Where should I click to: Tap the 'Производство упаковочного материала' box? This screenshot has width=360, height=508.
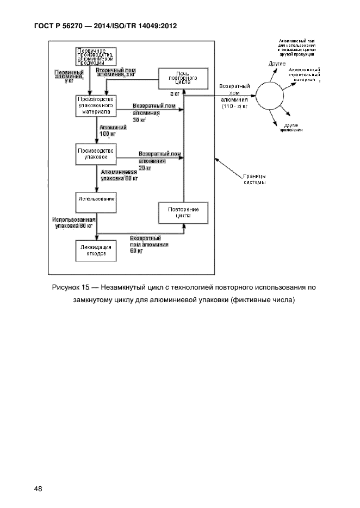pos(96,105)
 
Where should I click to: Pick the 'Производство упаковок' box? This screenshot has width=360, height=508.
pos(96,154)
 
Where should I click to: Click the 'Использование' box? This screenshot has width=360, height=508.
pos(96,199)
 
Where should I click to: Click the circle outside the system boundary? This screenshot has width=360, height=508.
pos(270,96)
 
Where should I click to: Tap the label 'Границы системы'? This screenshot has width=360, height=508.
pos(255,179)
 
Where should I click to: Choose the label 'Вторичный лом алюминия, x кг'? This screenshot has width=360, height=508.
pos(115,73)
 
